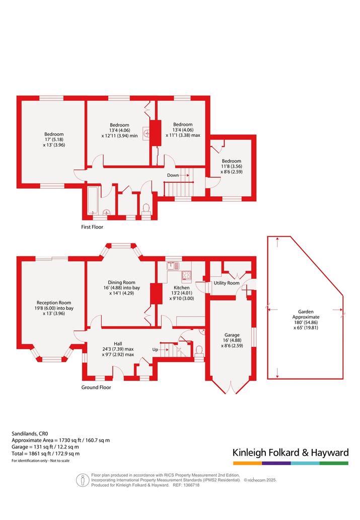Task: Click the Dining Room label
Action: tap(121, 282)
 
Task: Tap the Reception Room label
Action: tap(54, 303)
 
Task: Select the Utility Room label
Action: tap(226, 283)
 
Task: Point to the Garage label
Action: tap(232, 335)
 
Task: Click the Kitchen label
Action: tap(182, 287)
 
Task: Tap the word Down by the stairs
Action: tap(173, 175)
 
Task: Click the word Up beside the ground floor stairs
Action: tap(155, 349)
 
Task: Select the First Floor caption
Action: tap(92, 227)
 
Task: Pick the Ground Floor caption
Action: tap(96, 387)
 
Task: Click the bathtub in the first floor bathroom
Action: tap(92, 201)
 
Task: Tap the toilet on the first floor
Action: tap(146, 209)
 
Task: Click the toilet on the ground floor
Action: tap(199, 352)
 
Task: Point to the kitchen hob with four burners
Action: tap(186, 275)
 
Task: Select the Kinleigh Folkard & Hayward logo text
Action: tap(291, 453)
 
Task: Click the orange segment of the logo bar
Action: tap(247, 463)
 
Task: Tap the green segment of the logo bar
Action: tap(334, 463)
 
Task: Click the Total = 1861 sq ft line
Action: tap(45, 454)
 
